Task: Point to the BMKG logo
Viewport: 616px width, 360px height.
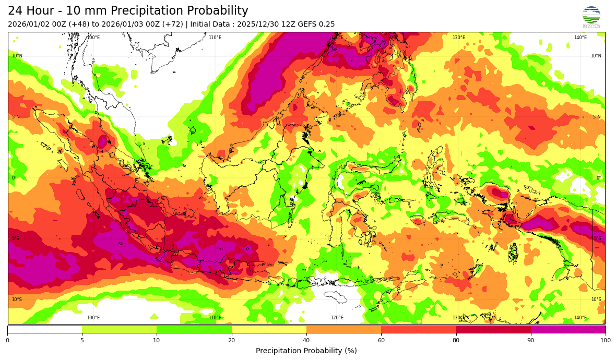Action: tap(591, 17)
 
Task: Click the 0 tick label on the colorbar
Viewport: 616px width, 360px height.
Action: tap(7, 340)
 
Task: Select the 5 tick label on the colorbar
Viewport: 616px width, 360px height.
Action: tap(82, 340)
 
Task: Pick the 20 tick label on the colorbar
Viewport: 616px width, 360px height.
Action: tap(231, 340)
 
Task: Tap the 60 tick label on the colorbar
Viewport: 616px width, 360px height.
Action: tap(381, 340)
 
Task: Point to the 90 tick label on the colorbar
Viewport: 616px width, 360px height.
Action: tap(531, 340)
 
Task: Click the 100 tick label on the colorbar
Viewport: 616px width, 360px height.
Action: tap(605, 340)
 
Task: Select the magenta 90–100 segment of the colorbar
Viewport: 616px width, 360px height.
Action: tap(568, 329)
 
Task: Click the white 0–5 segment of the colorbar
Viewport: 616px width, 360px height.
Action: tap(44, 329)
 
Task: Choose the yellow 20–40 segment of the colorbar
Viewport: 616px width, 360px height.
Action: tap(269, 329)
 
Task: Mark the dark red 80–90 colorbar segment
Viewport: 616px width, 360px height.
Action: tap(493, 329)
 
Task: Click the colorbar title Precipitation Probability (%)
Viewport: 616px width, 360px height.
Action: tap(306, 351)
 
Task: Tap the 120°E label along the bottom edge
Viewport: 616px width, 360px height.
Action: tap(337, 318)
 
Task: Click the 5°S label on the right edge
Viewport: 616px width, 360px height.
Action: tap(597, 239)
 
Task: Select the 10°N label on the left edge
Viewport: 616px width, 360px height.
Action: tap(17, 56)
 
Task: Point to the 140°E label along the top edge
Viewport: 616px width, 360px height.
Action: tap(580, 38)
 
